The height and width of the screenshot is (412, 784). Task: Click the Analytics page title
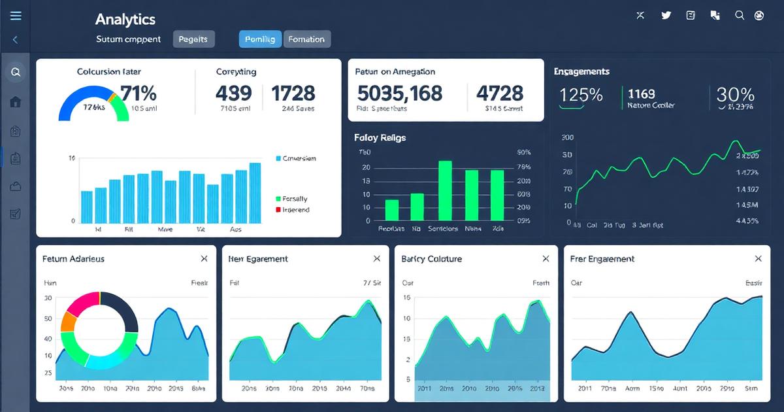pyautogui.click(x=125, y=20)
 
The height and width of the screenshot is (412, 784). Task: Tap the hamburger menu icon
pyautogui.click(x=15, y=16)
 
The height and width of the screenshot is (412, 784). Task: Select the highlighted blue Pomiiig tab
pyautogui.click(x=260, y=39)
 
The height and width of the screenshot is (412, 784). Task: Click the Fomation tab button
pyautogui.click(x=306, y=39)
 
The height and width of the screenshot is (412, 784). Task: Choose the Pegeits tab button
pyautogui.click(x=193, y=39)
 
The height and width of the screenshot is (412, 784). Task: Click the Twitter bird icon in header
pyautogui.click(x=666, y=16)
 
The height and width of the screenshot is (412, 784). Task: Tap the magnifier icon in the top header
pyautogui.click(x=740, y=16)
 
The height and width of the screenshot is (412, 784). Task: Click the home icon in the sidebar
pyautogui.click(x=16, y=101)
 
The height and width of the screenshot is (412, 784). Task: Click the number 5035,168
pyautogui.click(x=399, y=93)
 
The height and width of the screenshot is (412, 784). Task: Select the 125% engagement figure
pyautogui.click(x=581, y=95)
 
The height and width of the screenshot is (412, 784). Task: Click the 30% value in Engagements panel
pyautogui.click(x=735, y=95)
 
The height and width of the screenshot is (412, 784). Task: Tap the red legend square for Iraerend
pyautogui.click(x=278, y=210)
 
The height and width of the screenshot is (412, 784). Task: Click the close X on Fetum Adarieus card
pyautogui.click(x=204, y=259)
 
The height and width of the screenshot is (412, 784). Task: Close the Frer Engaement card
pyautogui.click(x=758, y=259)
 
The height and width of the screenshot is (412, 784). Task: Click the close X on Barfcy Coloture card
pyautogui.click(x=546, y=259)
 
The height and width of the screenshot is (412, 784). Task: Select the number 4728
pyautogui.click(x=500, y=93)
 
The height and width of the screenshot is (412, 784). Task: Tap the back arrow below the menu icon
pyautogui.click(x=15, y=40)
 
